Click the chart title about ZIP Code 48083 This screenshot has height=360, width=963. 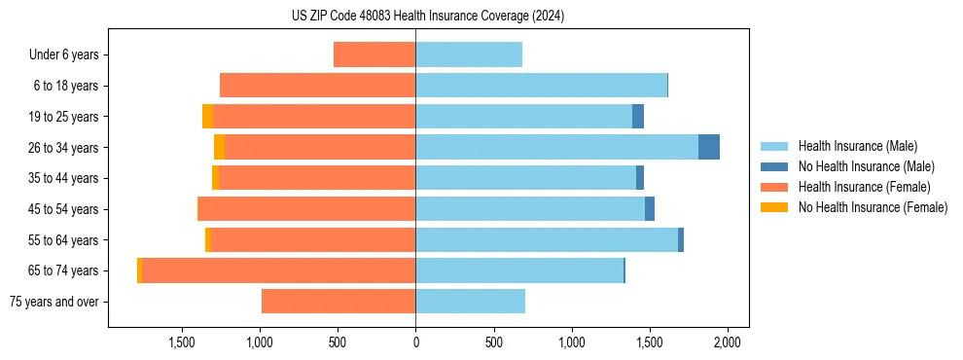click(428, 17)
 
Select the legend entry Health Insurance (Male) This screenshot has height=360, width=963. click(857, 146)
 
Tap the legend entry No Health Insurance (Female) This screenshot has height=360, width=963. click(873, 207)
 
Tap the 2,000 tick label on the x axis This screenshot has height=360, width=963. click(728, 342)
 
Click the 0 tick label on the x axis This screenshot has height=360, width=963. click(415, 342)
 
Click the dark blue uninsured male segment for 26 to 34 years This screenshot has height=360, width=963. click(709, 147)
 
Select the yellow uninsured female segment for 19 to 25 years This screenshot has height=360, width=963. click(207, 117)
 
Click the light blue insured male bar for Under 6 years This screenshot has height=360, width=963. click(469, 54)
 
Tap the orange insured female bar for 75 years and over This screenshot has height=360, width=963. click(339, 302)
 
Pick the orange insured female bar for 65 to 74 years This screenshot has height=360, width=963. click(278, 270)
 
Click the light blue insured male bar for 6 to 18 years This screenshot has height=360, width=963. click(541, 86)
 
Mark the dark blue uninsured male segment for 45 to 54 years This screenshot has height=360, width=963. click(650, 209)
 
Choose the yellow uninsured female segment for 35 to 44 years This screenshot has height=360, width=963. click(215, 178)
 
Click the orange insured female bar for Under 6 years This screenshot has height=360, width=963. click(374, 54)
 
